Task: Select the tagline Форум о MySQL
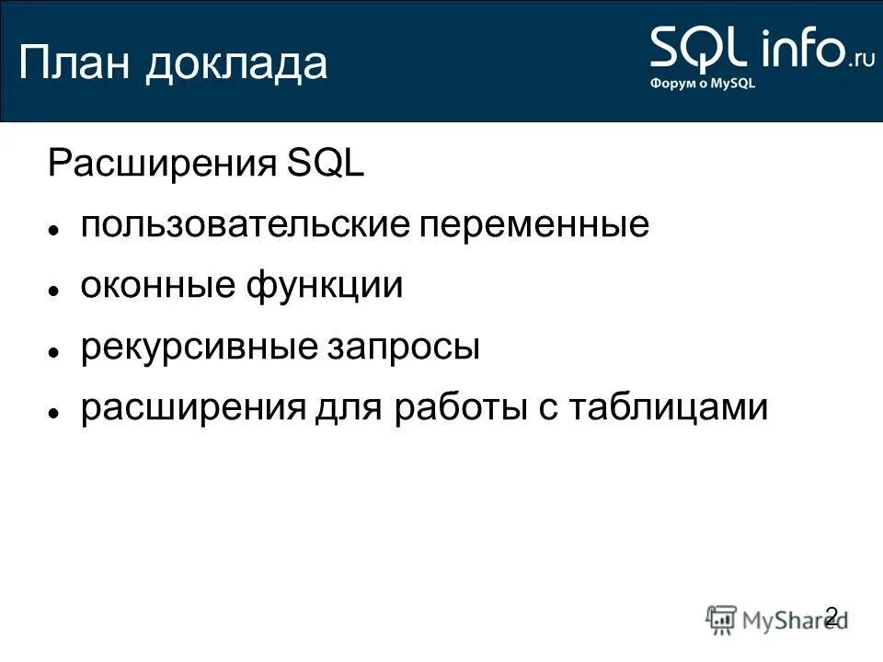[704, 82]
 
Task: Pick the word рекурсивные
[197, 348]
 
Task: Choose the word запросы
[403, 348]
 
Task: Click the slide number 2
[831, 616]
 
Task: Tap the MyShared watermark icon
[722, 620]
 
